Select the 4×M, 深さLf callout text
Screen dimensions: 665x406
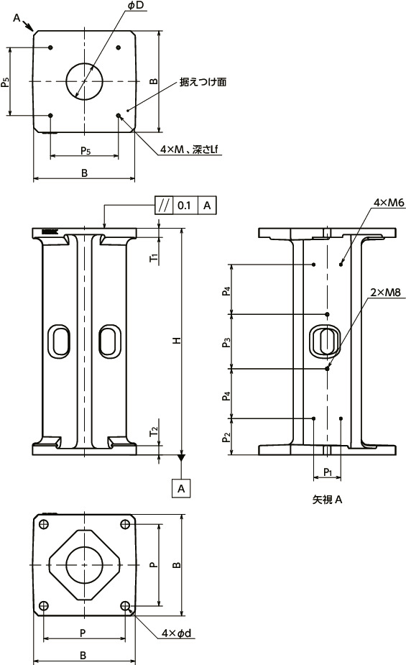tap(190, 149)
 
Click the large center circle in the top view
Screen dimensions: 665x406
tap(85, 81)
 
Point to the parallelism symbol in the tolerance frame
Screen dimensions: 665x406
tap(164, 205)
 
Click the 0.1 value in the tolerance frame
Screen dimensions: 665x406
tap(184, 205)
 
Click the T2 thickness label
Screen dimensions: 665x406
tap(153, 431)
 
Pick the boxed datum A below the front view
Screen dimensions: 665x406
tap(182, 488)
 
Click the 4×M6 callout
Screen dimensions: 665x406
tap(389, 204)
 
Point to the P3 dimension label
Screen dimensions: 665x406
tap(227, 341)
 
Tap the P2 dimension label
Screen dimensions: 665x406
tap(227, 437)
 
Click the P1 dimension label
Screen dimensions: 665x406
tap(327, 472)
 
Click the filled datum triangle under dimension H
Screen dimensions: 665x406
tap(182, 457)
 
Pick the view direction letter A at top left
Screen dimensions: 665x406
tap(17, 19)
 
